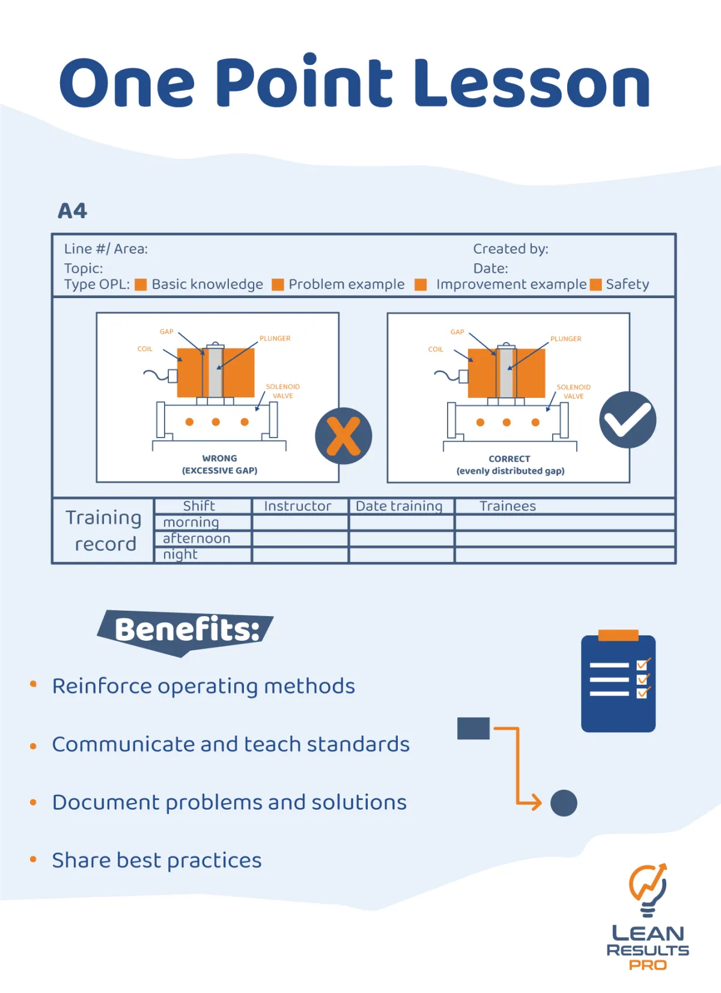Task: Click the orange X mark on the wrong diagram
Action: coord(344,436)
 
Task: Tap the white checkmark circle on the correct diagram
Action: coord(627,420)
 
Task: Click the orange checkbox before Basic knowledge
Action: coord(141,284)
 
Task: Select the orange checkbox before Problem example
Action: coord(278,284)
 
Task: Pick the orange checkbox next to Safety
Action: coord(595,284)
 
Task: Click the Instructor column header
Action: coord(297,506)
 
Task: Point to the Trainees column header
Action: coord(508,506)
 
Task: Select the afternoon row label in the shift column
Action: coord(196,538)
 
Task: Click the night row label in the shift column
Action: coord(180,554)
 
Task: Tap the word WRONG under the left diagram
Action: coord(219,458)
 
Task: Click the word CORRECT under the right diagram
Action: coord(510,459)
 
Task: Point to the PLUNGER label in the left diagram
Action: coord(275,338)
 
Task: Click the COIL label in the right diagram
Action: coord(436,349)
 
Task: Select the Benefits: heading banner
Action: coord(186,631)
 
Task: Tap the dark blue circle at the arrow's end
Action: coord(564,802)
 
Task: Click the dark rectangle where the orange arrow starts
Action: coord(473,728)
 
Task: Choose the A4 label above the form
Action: coord(73,211)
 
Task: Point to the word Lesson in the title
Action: coord(532,84)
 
